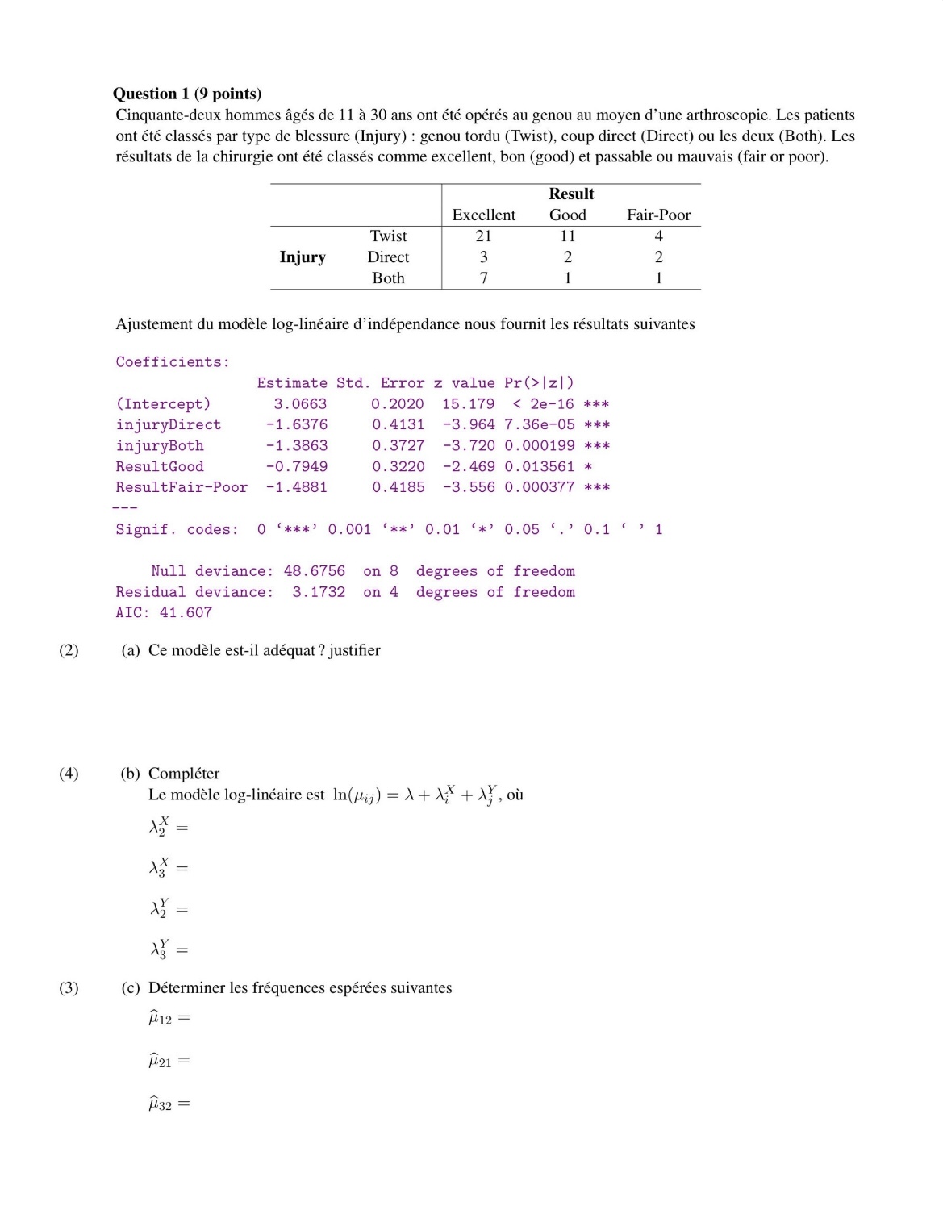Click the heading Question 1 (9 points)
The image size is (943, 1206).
(187, 94)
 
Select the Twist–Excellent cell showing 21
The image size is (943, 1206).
(483, 236)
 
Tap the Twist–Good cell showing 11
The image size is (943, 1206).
(568, 236)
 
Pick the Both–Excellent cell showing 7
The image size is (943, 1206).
(483, 278)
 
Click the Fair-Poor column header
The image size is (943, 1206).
(658, 215)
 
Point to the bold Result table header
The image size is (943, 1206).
(571, 194)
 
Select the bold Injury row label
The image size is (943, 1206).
(303, 257)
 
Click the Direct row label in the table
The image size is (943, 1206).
(388, 257)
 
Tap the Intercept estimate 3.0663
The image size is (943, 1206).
(300, 403)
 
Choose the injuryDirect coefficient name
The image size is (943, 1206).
(168, 424)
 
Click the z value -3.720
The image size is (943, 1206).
(468, 445)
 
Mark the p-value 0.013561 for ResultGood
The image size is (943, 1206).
(539, 466)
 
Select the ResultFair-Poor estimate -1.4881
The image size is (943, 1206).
(296, 487)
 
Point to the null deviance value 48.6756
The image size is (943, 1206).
(314, 571)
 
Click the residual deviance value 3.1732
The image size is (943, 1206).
(318, 592)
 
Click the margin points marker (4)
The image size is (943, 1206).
(69, 774)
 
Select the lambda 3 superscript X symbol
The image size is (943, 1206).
(160, 868)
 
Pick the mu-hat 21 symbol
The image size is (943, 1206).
(160, 1061)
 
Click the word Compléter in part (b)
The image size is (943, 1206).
(184, 774)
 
